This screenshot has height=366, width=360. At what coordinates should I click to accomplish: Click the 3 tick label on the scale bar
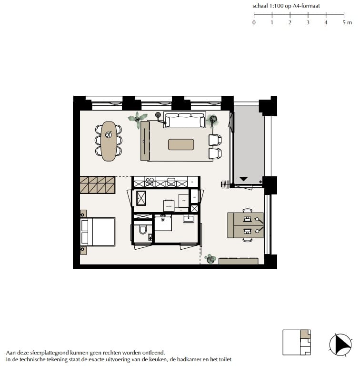[x=308, y=22]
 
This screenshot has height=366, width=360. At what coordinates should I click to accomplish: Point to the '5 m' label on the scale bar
[x=347, y=22]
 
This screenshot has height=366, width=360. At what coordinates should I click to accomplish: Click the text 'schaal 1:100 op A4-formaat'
[x=286, y=6]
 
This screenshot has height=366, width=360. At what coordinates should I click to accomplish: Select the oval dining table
[x=109, y=140]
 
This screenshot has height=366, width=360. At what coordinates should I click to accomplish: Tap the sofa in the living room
[x=184, y=120]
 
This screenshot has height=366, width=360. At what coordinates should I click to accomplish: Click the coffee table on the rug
[x=181, y=144]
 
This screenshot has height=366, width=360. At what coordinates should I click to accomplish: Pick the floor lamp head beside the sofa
[x=158, y=114]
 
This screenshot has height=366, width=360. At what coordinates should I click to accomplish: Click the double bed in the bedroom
[x=99, y=232]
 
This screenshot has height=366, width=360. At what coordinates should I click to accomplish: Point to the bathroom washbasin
[x=189, y=219]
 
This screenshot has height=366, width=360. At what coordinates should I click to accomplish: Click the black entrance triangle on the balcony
[x=243, y=179]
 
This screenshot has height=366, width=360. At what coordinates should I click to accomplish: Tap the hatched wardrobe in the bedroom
[x=98, y=185]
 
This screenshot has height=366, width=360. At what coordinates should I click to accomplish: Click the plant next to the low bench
[x=210, y=259]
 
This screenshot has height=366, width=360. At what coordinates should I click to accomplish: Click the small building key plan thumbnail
[x=297, y=342]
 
